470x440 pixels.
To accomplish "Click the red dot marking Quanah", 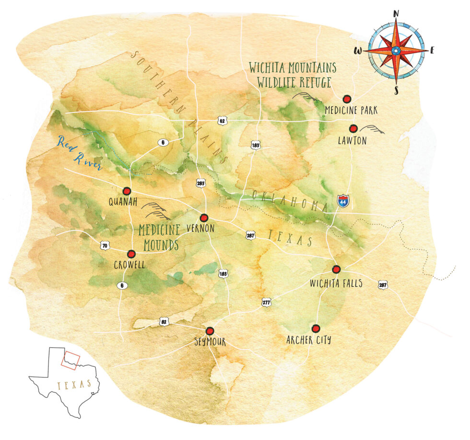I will pos(127,191).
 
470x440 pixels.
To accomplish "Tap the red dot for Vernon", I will pos(204,217).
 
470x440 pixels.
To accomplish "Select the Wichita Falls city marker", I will pos(336,269).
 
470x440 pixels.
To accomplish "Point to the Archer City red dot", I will pos(315,329).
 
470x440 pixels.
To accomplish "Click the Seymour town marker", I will pos(210,330).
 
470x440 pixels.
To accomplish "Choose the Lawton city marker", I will pos(353,128).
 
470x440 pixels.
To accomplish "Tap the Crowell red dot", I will pos(131,254).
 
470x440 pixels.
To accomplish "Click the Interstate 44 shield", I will pos(342,201).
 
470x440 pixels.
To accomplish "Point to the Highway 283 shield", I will pos(200,183).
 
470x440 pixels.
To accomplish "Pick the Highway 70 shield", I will pos(105,245).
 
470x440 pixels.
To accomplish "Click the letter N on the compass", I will pos(396,14).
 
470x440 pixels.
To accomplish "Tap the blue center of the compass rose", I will pos(396,50).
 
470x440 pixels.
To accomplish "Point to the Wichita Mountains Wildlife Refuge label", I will pos(293,74).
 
